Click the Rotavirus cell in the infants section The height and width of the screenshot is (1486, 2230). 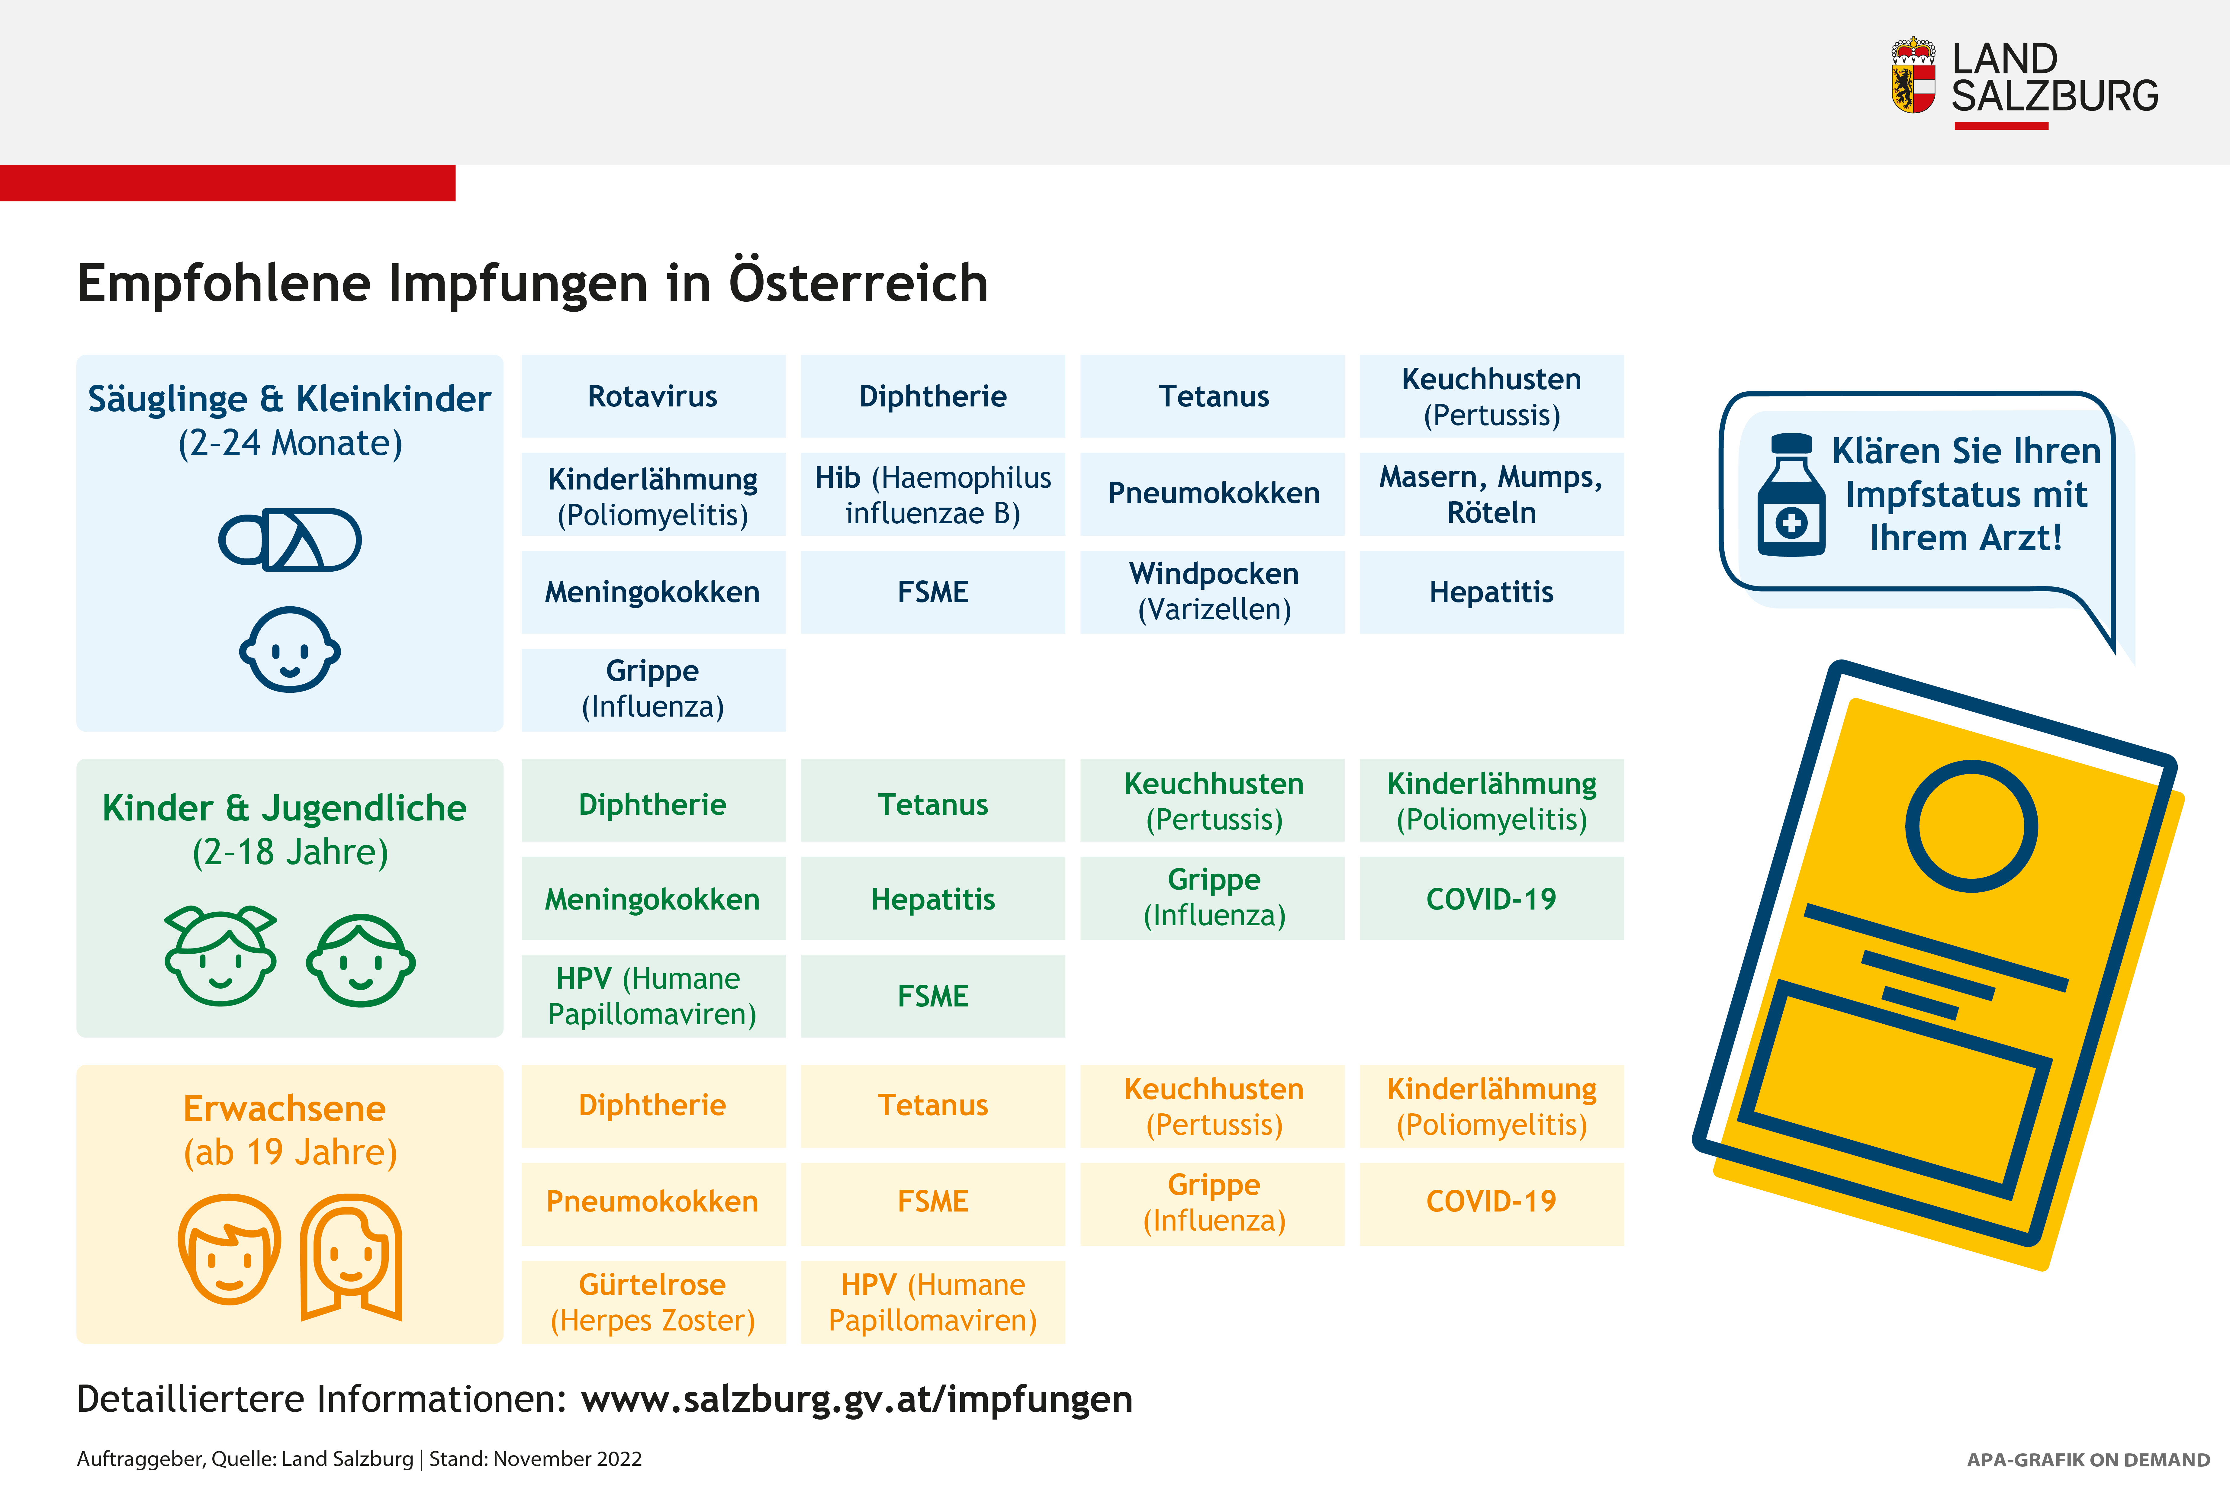[x=653, y=396]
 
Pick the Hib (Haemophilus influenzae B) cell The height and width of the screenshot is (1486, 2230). [x=932, y=494]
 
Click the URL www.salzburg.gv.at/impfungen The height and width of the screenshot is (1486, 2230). [x=857, y=1399]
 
